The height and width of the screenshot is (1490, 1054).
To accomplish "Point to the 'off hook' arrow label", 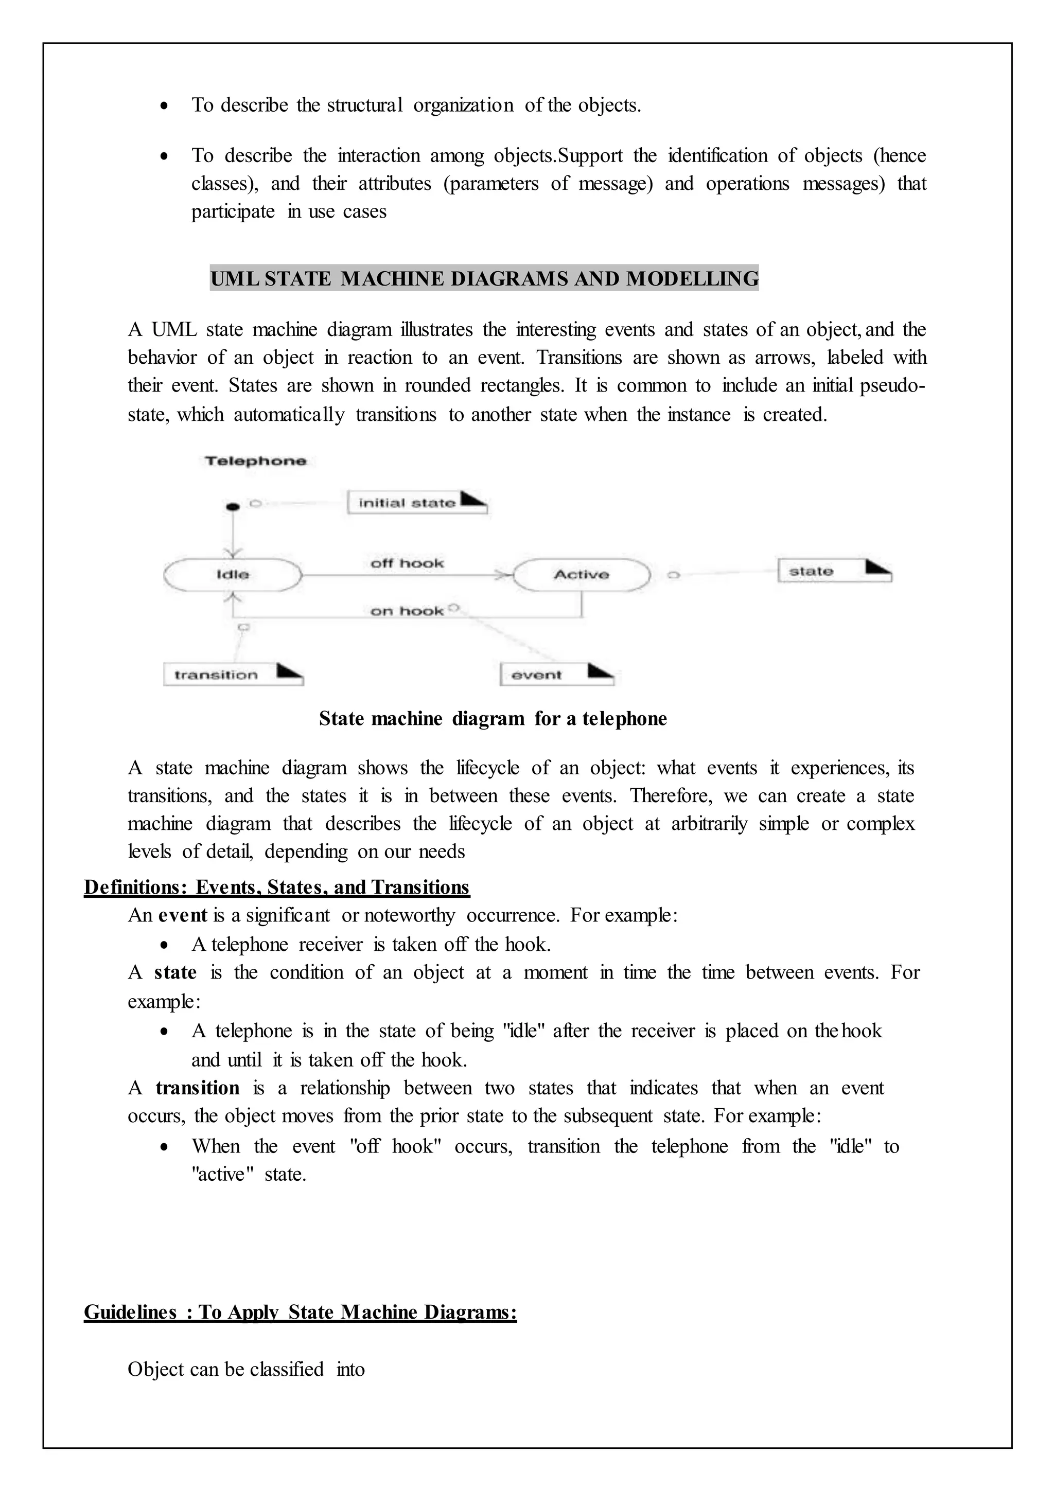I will [x=407, y=563].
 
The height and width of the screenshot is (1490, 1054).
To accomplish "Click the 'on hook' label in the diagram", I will [x=407, y=611].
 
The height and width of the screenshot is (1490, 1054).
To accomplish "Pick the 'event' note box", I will [x=556, y=675].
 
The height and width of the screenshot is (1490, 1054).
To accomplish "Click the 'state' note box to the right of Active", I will [x=834, y=572].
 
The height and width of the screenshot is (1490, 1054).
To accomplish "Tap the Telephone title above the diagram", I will [x=255, y=462].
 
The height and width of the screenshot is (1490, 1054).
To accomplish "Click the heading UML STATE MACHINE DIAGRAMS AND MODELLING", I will [x=484, y=278].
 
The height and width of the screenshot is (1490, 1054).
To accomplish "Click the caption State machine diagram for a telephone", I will [x=493, y=719].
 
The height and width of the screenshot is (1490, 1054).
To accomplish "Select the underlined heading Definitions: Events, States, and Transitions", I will [x=276, y=887].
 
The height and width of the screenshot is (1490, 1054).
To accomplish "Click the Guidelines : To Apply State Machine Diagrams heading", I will [x=301, y=1312].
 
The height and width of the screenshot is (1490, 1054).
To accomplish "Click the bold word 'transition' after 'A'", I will [x=197, y=1088].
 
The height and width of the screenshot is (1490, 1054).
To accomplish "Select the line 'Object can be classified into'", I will [x=246, y=1369].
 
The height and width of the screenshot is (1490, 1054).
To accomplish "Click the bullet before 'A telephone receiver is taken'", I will [x=166, y=945].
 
